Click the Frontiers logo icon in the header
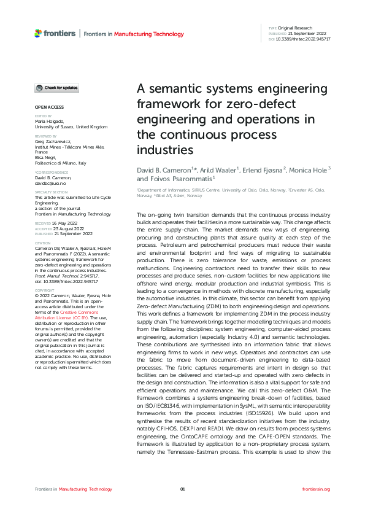click(38, 33)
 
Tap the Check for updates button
click(56, 88)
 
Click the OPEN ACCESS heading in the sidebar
click(46, 107)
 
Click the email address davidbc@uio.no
click(50, 183)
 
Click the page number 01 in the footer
click(182, 489)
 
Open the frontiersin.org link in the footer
click(317, 489)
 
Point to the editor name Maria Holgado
click(48, 122)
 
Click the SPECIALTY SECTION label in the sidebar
click(51, 192)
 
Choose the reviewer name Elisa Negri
click(45, 158)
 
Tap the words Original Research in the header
click(294, 28)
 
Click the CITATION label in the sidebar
click(42, 243)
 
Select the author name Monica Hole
click(311, 169)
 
